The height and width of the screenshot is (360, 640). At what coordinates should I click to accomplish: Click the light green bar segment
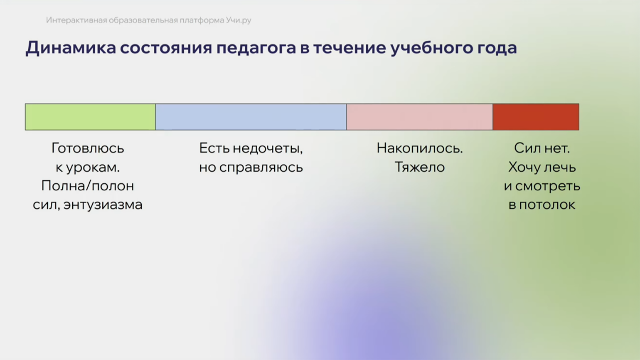(x=90, y=117)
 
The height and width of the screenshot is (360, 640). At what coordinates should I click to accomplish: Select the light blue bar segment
(x=251, y=117)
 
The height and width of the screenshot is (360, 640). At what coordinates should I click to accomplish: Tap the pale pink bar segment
(x=419, y=117)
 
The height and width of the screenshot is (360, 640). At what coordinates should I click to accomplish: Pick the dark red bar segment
(x=536, y=117)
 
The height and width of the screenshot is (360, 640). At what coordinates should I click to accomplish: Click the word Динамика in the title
(x=71, y=48)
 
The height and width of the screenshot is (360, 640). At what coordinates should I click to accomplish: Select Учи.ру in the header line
(x=239, y=20)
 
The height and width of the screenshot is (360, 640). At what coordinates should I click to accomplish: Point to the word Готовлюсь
(x=88, y=148)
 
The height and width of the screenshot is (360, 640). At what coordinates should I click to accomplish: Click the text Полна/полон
(x=88, y=186)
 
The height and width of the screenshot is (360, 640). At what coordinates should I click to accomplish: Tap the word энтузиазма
(x=103, y=205)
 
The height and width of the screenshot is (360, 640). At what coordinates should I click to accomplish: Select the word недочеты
(x=268, y=148)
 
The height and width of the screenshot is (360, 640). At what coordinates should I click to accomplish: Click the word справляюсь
(x=261, y=168)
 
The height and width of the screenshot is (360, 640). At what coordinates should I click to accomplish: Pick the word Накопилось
(x=420, y=148)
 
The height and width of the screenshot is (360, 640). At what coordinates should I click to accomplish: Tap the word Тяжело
(x=420, y=167)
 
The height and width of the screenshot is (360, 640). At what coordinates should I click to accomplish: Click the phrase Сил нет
(x=542, y=148)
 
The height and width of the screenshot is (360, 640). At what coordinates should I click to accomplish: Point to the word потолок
(x=547, y=205)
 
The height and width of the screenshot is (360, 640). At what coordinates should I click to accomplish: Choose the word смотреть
(x=548, y=186)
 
